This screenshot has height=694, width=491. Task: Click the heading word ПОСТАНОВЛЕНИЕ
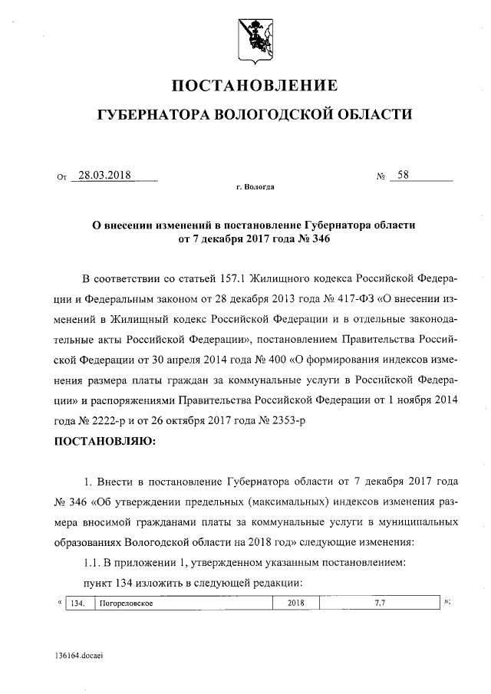pos(252,85)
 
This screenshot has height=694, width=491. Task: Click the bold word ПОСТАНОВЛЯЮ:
pos(104,442)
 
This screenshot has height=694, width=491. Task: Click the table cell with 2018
pos(295,604)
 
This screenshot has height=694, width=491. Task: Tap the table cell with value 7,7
pos(379,604)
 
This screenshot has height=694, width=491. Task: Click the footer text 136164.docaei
pos(79,658)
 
